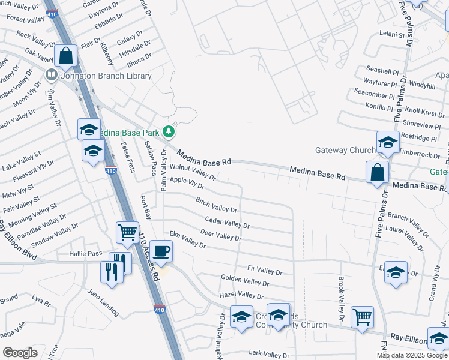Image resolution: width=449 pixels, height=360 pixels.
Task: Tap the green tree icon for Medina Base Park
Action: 169,131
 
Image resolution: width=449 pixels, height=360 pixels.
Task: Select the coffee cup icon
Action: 161,250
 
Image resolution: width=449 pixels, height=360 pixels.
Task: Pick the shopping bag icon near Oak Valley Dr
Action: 65,56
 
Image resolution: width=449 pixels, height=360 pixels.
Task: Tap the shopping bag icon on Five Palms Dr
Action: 376,172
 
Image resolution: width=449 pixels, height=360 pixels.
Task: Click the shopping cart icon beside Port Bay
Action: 127,232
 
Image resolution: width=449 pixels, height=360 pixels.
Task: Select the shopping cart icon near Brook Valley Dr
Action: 362,316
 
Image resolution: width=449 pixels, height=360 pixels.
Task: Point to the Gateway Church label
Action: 345,150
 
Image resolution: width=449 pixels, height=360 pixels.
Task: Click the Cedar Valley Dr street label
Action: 227,223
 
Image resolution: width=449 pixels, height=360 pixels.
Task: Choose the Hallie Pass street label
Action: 86,254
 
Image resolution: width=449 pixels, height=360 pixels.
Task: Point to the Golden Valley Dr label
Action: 244,281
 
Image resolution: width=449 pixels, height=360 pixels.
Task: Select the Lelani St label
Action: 393,35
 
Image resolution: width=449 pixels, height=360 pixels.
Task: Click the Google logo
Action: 20,353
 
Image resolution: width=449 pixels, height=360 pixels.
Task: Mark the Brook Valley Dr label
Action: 340,308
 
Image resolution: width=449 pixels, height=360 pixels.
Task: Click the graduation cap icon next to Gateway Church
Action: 388,142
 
